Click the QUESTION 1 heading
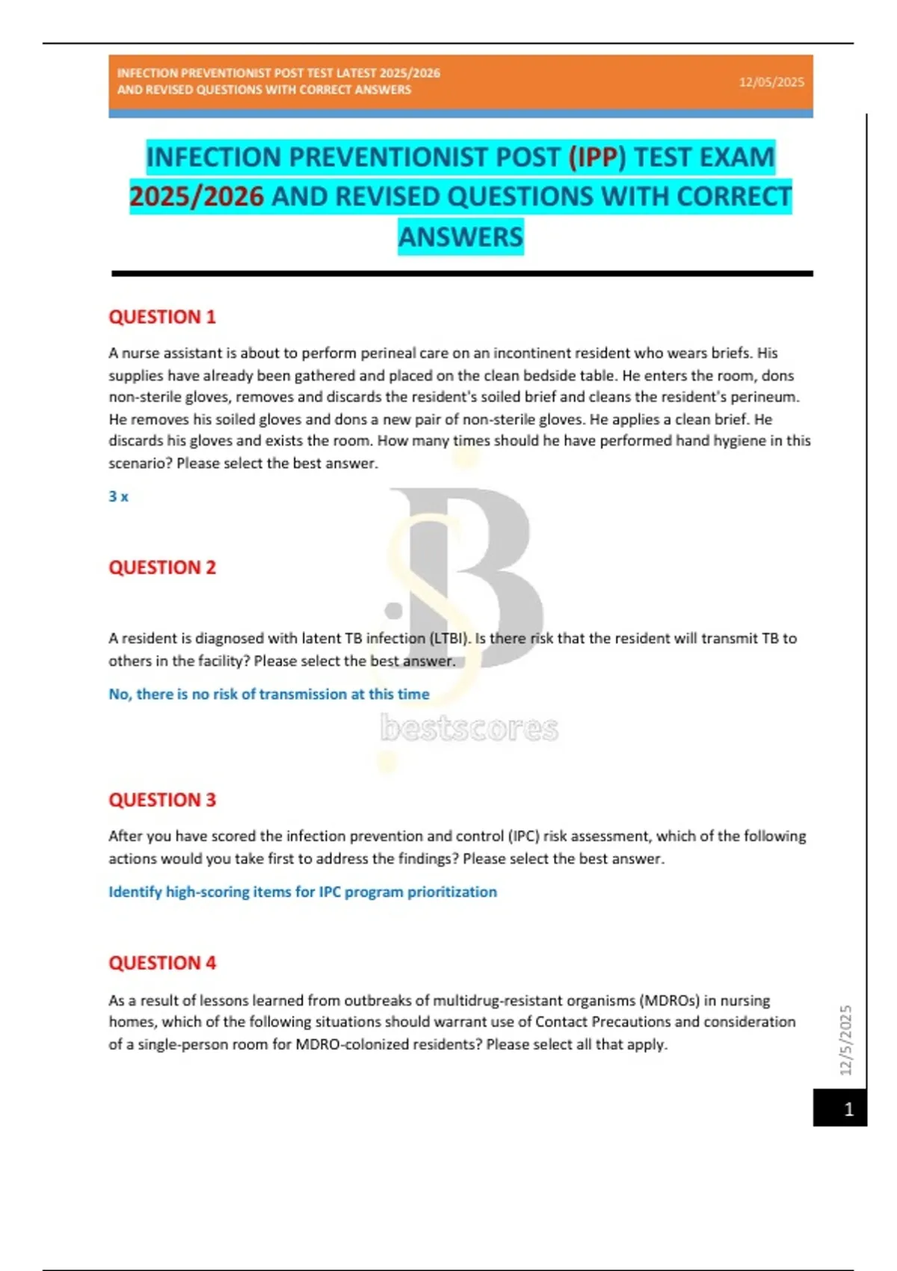tap(162, 317)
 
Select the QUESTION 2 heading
tap(162, 567)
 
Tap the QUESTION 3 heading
tap(162, 800)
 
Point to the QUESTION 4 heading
tap(162, 963)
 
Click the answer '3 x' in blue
tap(118, 496)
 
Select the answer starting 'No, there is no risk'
tap(269, 694)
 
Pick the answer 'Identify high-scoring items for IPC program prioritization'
tap(303, 892)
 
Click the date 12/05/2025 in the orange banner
tap(771, 82)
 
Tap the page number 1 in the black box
tap(848, 1109)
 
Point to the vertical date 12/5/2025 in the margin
tap(846, 1040)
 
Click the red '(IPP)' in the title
tap(597, 157)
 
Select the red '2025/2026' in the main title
tap(197, 197)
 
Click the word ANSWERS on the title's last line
tap(460, 237)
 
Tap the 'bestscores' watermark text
tap(469, 728)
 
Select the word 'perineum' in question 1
tap(768, 397)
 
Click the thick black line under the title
tap(462, 274)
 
